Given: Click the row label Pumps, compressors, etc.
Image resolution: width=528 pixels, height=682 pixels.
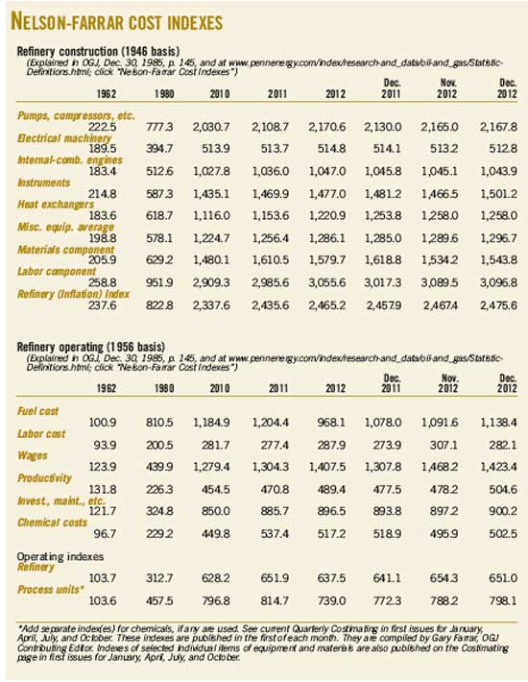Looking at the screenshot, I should tap(67, 115).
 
